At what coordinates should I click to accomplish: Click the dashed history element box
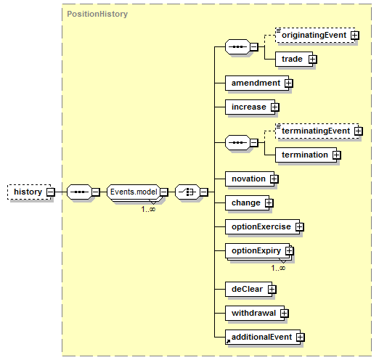pyautogui.click(x=29, y=192)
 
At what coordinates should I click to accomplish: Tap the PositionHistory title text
pyautogui.click(x=97, y=14)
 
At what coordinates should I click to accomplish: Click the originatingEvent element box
pyautogui.click(x=315, y=36)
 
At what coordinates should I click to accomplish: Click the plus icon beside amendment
pyautogui.click(x=288, y=83)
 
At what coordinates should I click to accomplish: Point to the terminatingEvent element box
pyautogui.click(x=317, y=131)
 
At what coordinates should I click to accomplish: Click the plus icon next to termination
pyautogui.click(x=336, y=155)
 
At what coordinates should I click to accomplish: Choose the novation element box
pyautogui.click(x=250, y=179)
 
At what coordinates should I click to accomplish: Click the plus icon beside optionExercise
pyautogui.click(x=299, y=226)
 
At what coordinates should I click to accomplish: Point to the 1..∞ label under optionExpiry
pyautogui.click(x=278, y=268)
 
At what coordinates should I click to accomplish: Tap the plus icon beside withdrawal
pyautogui.click(x=285, y=313)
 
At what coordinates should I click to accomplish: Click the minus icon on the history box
pyautogui.click(x=51, y=192)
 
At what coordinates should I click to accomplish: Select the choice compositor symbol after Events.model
pyautogui.click(x=188, y=192)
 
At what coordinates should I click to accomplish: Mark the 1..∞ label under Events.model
pyautogui.click(x=148, y=209)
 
